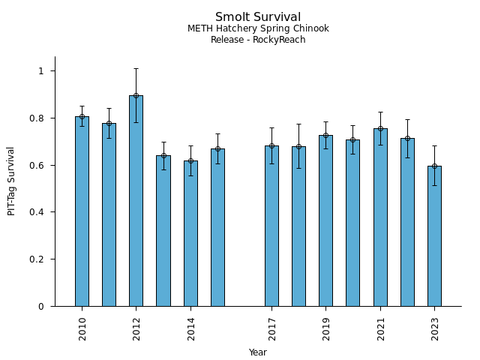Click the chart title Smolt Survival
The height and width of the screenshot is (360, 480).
click(258, 17)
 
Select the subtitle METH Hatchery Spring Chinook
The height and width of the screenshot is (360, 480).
click(258, 29)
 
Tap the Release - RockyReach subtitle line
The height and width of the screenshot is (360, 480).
click(258, 40)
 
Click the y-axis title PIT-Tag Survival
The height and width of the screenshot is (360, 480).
click(12, 181)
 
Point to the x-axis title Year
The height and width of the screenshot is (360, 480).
click(258, 352)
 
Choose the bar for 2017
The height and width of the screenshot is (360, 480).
click(271, 226)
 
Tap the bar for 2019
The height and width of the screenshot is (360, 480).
click(325, 220)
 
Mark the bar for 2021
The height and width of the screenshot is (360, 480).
click(380, 217)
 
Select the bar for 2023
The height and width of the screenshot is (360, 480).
click(434, 236)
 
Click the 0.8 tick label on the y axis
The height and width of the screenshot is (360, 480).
click(37, 118)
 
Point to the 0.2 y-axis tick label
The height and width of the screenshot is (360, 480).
click(37, 259)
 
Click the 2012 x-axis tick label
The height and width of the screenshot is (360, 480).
click(136, 328)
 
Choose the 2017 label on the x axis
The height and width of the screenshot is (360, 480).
click(272, 328)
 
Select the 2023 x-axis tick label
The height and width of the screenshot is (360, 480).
click(435, 328)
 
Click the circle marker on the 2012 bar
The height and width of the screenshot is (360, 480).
click(136, 95)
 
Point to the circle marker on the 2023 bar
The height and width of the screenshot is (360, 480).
click(434, 166)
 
